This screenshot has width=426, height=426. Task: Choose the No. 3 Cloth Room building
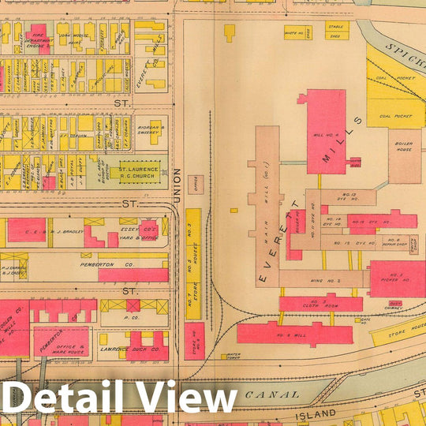pyautogui.click(x=320, y=303)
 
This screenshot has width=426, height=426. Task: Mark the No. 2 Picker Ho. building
pyautogui.click(x=396, y=278)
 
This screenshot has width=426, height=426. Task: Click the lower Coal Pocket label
pyautogui.click(x=395, y=116)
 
